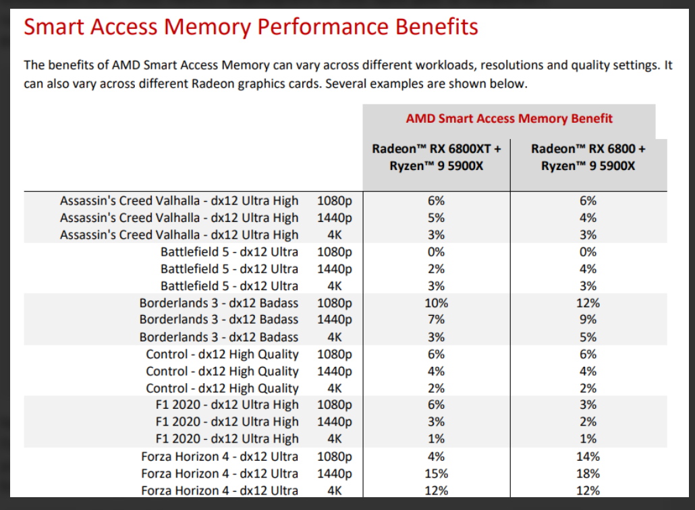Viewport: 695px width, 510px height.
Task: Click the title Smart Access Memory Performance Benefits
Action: [251, 27]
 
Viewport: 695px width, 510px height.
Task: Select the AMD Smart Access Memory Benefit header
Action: [509, 119]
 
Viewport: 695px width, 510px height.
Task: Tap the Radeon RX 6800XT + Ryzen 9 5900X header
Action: [436, 157]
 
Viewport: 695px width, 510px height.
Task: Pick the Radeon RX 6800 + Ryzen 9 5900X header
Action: [588, 157]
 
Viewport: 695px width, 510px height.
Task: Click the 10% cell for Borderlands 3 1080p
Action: [436, 303]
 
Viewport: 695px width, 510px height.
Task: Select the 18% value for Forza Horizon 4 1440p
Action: [588, 474]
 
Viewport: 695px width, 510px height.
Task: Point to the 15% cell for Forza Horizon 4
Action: [436, 474]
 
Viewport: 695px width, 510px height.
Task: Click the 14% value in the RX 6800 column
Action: [588, 456]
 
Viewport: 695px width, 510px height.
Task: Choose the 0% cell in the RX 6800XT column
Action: [436, 252]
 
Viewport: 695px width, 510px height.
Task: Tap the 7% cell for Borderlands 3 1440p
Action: [436, 320]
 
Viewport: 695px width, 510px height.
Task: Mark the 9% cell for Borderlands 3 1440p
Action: [588, 320]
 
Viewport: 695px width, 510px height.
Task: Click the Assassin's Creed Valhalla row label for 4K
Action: [179, 235]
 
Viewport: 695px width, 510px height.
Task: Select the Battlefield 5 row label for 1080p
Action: [229, 252]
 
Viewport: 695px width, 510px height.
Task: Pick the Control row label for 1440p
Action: [222, 371]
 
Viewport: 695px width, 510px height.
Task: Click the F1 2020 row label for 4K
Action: [226, 439]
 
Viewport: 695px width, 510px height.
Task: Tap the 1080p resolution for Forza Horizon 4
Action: [335, 456]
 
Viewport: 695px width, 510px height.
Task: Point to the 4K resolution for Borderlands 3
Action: [335, 337]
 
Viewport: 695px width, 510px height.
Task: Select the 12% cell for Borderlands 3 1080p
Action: [588, 303]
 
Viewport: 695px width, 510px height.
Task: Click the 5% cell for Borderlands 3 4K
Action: [588, 337]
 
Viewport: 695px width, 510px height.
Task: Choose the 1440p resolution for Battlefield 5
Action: [335, 269]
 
